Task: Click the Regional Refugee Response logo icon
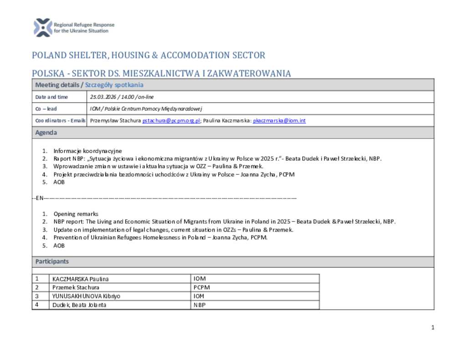pos(43,27)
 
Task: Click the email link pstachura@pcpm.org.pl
pos(172,121)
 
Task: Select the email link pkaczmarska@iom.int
pos(279,121)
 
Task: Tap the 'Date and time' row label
pos(51,97)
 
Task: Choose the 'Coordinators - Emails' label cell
pos(60,121)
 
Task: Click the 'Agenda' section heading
pos(46,132)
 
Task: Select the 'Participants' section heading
pos(52,261)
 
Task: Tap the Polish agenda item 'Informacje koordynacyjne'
pos(87,151)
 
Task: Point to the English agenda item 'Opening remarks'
pos(76,214)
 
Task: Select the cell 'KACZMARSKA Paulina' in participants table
pos(81,279)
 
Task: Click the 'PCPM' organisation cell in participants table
pos(201,288)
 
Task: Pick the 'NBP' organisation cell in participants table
pos(199,305)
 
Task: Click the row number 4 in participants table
pos(37,305)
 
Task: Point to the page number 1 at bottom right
pos(433,328)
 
